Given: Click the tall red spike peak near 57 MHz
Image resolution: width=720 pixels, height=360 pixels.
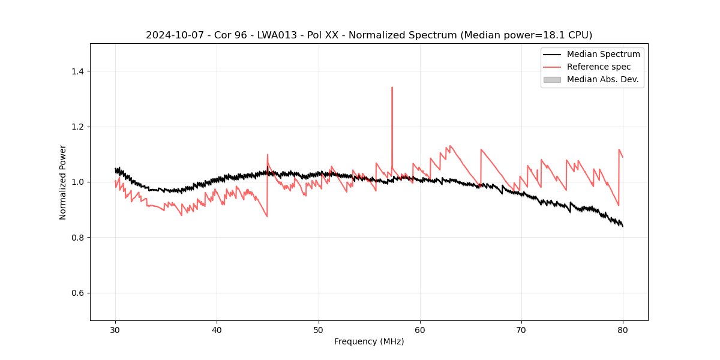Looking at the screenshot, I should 392,88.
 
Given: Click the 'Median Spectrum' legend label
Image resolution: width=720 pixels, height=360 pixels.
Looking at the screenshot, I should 603,54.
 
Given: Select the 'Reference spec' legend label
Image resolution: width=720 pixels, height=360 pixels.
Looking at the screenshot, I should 599,67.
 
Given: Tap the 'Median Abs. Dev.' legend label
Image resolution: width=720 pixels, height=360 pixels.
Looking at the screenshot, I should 603,79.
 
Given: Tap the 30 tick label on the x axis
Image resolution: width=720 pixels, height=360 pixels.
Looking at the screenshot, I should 115,329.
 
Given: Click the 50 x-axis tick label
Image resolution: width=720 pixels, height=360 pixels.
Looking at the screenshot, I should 319,329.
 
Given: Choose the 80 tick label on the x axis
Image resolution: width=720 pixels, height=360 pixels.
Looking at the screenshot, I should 623,329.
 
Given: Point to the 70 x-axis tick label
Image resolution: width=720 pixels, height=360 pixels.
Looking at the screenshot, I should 521,329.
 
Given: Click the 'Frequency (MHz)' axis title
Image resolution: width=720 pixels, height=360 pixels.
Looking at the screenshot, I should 369,341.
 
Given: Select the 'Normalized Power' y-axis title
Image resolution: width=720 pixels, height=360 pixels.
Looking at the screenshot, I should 63,182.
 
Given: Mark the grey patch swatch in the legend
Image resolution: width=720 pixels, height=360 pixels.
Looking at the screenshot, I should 552,79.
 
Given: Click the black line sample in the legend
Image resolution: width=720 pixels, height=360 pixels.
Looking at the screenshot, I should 552,54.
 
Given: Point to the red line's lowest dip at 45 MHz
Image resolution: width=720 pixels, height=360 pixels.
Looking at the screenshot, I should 267,216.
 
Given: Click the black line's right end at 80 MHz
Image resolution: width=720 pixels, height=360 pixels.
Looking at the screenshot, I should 623,226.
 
